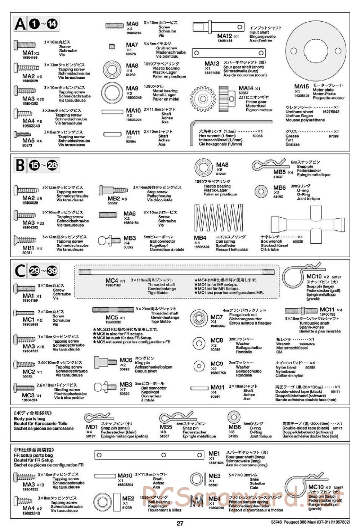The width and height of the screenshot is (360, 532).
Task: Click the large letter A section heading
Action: (20, 24)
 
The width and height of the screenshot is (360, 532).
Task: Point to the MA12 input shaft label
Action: (225, 36)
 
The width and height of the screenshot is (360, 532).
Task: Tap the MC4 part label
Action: (112, 280)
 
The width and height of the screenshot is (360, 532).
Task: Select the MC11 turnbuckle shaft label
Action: (327, 310)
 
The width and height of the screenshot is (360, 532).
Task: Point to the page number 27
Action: (180, 523)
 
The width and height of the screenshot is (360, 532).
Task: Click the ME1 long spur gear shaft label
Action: (214, 454)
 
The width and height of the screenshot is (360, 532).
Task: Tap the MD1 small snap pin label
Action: (92, 427)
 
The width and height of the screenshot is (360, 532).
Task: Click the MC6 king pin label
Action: (126, 360)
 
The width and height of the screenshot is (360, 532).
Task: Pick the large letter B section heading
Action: (20, 165)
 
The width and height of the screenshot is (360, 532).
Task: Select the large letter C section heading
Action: (20, 271)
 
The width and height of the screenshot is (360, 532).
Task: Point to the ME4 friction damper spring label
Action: (214, 499)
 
